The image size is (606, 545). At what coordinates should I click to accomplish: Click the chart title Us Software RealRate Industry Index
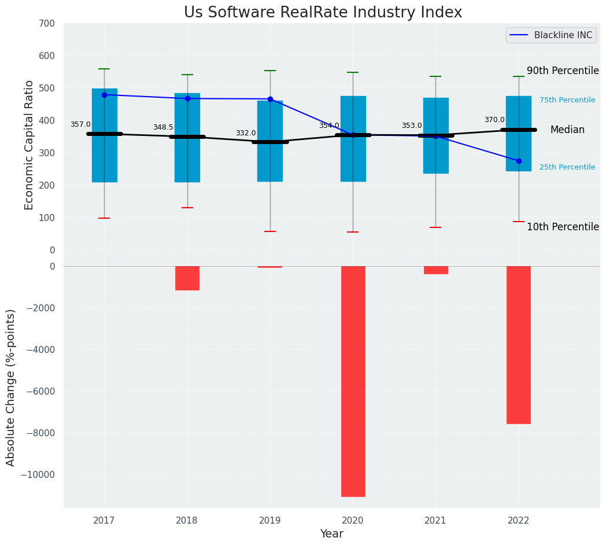click(323, 13)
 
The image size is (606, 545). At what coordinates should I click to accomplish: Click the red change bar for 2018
click(187, 278)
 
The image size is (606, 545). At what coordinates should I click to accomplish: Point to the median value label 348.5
click(163, 127)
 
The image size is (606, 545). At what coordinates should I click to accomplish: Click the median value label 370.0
click(494, 120)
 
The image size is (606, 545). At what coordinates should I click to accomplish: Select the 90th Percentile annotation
click(563, 71)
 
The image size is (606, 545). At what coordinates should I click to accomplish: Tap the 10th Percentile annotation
click(563, 227)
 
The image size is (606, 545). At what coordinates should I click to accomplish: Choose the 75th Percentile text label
click(567, 100)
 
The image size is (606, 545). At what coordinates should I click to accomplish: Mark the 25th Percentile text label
click(567, 167)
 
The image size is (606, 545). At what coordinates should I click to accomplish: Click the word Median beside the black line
click(567, 130)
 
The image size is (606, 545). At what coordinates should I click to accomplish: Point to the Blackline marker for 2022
click(519, 161)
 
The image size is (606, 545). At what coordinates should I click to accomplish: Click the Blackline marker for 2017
click(104, 95)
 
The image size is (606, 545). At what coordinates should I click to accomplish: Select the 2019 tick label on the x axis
click(270, 521)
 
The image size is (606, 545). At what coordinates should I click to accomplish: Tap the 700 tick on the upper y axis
click(47, 24)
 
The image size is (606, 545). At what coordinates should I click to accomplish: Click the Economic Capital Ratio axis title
click(29, 145)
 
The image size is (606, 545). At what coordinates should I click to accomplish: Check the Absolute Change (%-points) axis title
click(11, 387)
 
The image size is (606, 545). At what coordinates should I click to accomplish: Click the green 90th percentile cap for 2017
click(104, 69)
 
